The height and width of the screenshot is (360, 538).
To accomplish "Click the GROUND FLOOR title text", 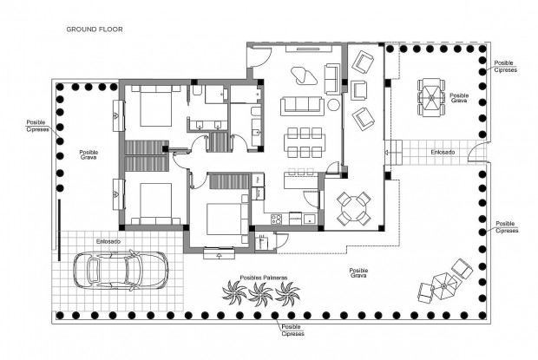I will (95, 29).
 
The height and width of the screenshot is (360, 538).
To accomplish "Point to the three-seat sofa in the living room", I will (300, 106).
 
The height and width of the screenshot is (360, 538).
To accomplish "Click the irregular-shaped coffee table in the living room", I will (303, 75).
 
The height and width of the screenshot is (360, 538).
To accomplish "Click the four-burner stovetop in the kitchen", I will (277, 218).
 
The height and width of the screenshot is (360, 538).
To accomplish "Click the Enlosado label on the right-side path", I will (442, 153).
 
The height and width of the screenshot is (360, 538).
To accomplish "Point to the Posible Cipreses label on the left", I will (36, 127).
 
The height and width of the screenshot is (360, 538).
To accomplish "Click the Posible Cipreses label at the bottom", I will (292, 330).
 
